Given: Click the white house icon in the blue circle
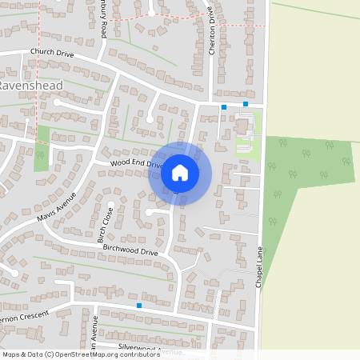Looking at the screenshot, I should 180,172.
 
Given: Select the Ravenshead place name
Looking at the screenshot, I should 31,85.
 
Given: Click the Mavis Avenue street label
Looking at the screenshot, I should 55,207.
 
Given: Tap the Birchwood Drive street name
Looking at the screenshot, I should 131,251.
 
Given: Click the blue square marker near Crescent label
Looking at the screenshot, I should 139,306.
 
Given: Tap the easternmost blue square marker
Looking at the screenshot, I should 246,104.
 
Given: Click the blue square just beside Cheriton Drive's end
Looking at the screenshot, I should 224,106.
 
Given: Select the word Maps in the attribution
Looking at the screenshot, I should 11,354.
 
